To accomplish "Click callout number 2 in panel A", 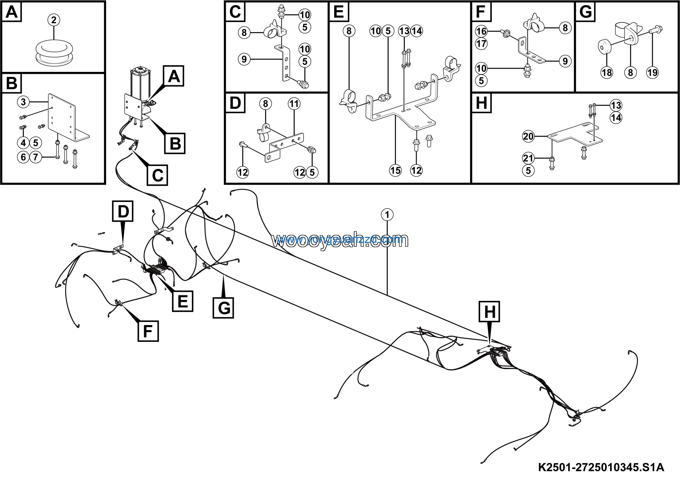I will (x=54, y=20).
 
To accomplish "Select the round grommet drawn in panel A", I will (x=54, y=53).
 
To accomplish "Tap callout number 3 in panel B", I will (x=23, y=102).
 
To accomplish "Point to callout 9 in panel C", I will (x=244, y=59).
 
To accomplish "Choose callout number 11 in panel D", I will (x=294, y=104).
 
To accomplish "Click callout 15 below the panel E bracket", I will (x=395, y=170).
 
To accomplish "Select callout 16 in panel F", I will (x=481, y=31).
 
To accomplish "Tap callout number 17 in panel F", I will (x=481, y=44).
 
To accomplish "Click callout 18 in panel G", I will (x=606, y=72).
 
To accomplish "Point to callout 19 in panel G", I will (x=652, y=72).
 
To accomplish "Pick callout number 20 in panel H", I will (x=528, y=136).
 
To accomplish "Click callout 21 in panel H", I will (x=528, y=158).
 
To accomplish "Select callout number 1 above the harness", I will (x=387, y=215).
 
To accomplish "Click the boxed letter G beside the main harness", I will (x=223, y=308).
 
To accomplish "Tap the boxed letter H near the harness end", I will (x=489, y=312).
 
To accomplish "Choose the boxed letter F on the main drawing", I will (x=148, y=331).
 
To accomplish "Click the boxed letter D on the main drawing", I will (x=123, y=211).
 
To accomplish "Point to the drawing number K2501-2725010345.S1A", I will (x=601, y=468).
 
